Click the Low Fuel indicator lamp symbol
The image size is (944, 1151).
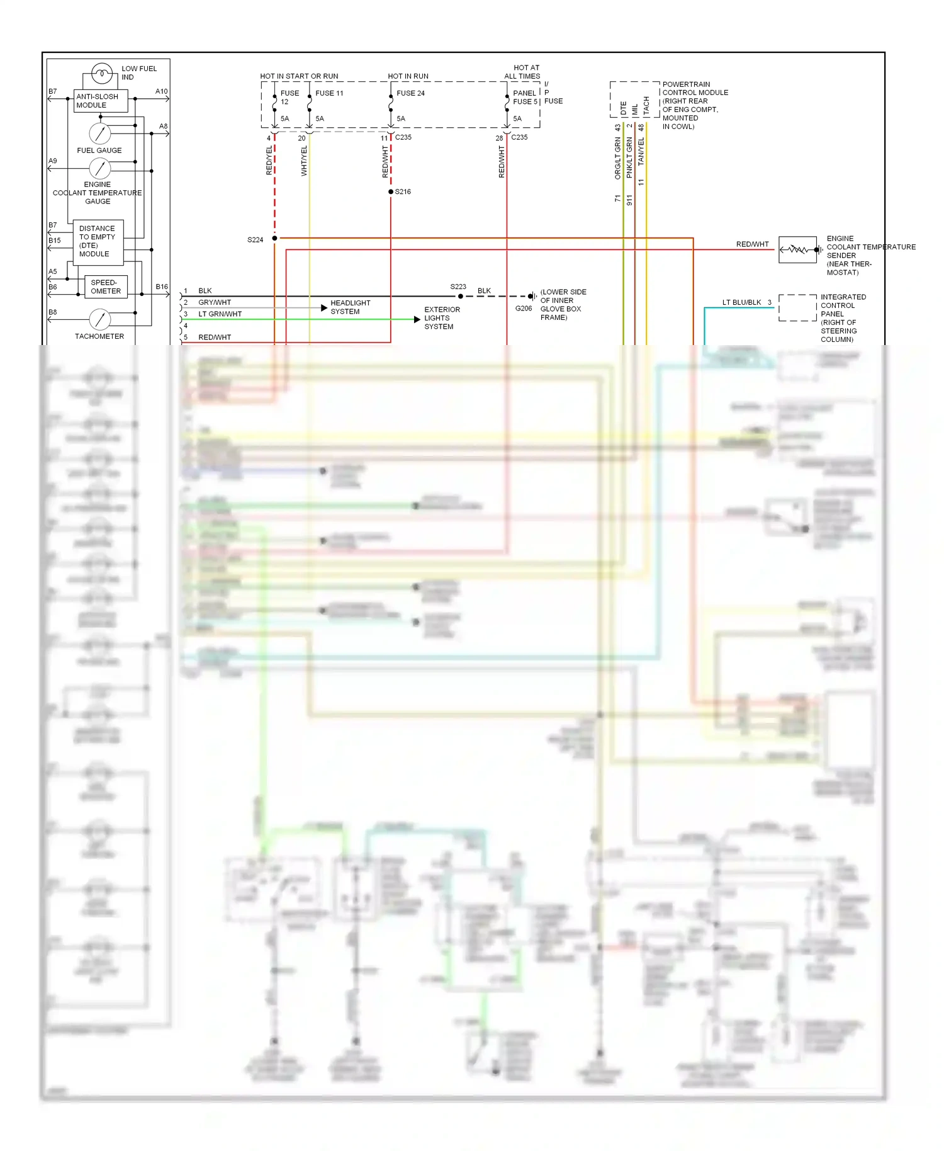pos(101,74)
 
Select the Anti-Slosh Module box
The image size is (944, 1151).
pos(101,101)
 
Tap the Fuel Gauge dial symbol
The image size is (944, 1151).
pos(100,133)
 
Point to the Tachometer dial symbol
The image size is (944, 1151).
pos(100,320)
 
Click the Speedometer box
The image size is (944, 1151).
pos(106,286)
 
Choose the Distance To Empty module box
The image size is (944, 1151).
pos(98,242)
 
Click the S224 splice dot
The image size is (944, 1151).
pos(274,239)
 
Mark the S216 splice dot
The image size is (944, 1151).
pos(391,191)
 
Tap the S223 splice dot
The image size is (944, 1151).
pos(461,296)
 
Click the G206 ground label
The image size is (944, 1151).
pos(524,309)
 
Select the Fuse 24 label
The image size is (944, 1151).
pos(410,93)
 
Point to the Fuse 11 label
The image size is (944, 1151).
pos(329,93)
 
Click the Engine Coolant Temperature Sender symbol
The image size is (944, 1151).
pos(798,250)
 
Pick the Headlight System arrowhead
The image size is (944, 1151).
pos(324,308)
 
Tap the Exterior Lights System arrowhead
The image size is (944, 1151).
pos(417,319)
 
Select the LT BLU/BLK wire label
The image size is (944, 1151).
pos(741,302)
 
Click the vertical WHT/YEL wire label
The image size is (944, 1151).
pos(304,161)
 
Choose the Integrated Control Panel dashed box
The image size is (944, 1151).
pos(797,308)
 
